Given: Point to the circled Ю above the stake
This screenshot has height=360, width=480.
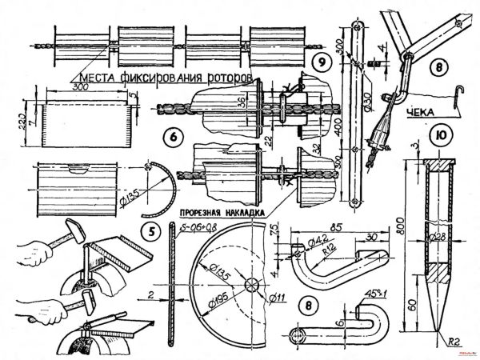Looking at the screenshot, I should (438, 135).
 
